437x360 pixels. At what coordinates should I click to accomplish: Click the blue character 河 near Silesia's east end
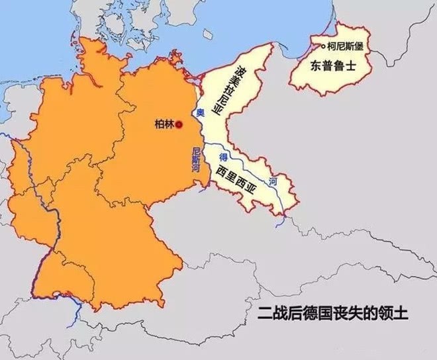click(273, 181)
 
